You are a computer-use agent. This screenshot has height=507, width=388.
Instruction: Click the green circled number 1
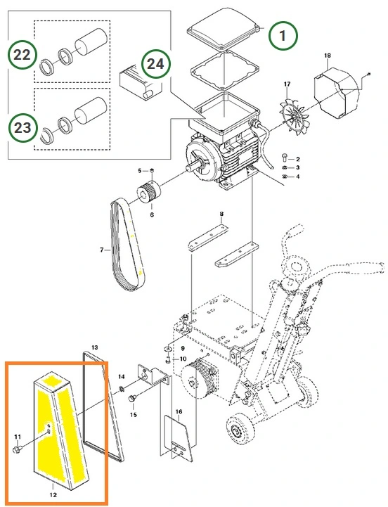pyautogui.click(x=283, y=35)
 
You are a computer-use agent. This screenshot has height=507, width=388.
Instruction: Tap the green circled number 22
pyautogui.click(x=22, y=55)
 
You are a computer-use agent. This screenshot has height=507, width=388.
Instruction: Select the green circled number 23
pyautogui.click(x=22, y=128)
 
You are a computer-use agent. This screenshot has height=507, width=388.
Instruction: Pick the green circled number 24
pyautogui.click(x=155, y=64)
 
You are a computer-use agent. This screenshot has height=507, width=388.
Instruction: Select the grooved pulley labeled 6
pyautogui.click(x=150, y=193)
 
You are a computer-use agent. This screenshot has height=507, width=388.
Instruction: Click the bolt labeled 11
pyautogui.click(x=17, y=449)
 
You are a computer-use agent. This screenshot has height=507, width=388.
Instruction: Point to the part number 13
pyautogui.click(x=94, y=347)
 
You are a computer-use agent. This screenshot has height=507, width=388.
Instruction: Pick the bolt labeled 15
pyautogui.click(x=131, y=398)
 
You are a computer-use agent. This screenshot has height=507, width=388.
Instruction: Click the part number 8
pyautogui.click(x=221, y=214)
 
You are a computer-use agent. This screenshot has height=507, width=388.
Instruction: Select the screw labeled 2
pyautogui.click(x=283, y=157)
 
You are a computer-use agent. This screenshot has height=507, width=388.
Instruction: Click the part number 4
pyautogui.click(x=298, y=177)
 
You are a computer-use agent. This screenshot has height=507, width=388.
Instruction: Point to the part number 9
pyautogui.click(x=183, y=348)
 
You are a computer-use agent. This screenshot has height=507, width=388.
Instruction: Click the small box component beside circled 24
pyautogui.click(x=140, y=82)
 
